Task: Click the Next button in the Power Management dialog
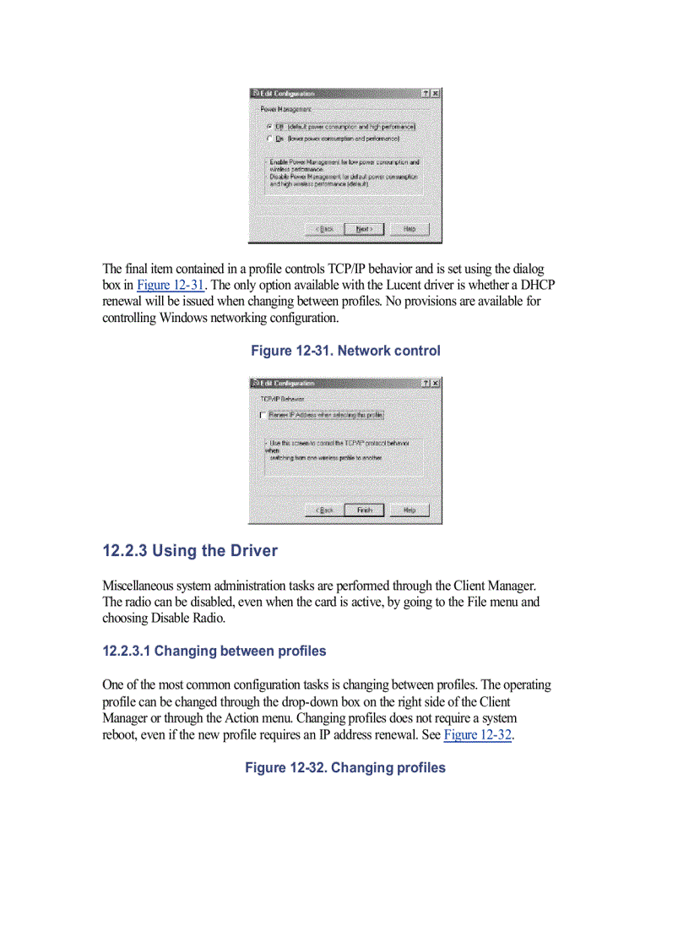tap(364, 229)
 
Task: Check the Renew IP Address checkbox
tap(263, 416)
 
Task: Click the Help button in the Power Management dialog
tap(410, 229)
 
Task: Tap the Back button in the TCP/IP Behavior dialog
tap(324, 510)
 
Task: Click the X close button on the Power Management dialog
tap(436, 93)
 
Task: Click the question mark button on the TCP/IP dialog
tap(426, 384)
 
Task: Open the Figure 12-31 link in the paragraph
tap(171, 285)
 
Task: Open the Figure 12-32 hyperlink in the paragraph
tap(478, 734)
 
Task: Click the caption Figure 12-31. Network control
tap(345, 351)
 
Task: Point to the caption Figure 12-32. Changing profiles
tap(345, 768)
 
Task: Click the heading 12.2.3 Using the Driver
tap(190, 551)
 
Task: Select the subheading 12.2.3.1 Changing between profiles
tap(214, 652)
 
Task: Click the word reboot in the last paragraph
tap(121, 734)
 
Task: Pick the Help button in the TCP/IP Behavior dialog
tap(410, 510)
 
